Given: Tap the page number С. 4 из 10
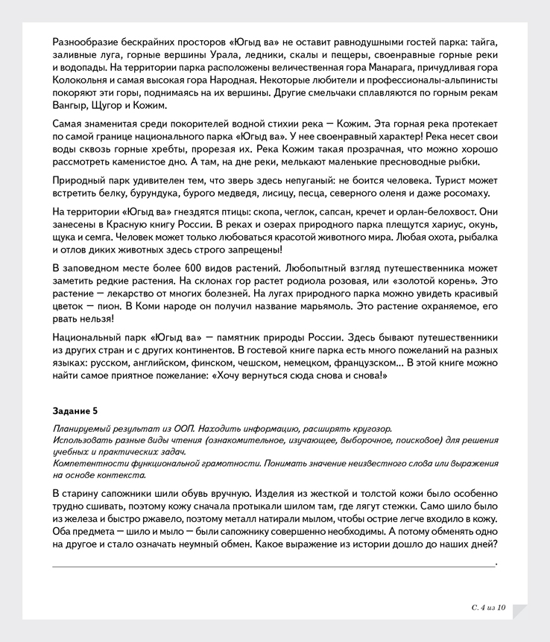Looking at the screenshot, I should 488,608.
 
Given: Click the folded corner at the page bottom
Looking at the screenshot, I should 519,610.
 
